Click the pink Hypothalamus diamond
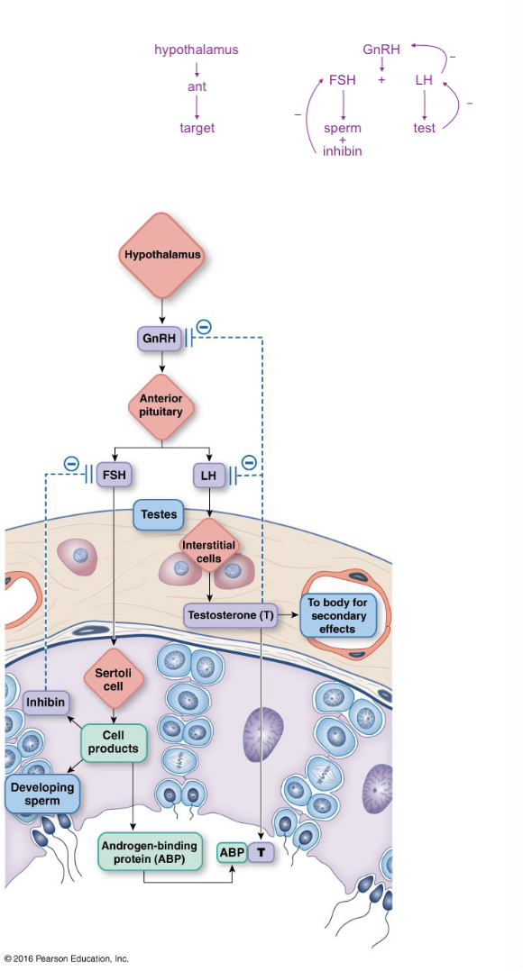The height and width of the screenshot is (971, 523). (162, 255)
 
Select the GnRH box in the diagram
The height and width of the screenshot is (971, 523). (160, 338)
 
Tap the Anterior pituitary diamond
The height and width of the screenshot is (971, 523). (161, 405)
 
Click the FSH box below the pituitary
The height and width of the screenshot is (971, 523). (114, 476)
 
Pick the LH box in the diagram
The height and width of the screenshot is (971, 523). (209, 476)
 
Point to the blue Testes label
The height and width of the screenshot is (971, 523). (159, 514)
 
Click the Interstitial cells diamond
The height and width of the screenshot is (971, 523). (211, 549)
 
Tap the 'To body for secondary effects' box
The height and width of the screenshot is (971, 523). (338, 615)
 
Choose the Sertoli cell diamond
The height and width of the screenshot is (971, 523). (114, 679)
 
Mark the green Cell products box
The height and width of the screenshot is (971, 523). (114, 742)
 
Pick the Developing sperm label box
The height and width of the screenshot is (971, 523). (42, 794)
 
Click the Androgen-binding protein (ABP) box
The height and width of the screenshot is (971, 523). (150, 853)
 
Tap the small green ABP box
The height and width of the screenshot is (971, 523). (232, 852)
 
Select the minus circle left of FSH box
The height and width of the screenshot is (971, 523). (72, 463)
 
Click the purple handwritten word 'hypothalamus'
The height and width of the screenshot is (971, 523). (197, 50)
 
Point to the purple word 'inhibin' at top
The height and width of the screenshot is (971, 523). (342, 150)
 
